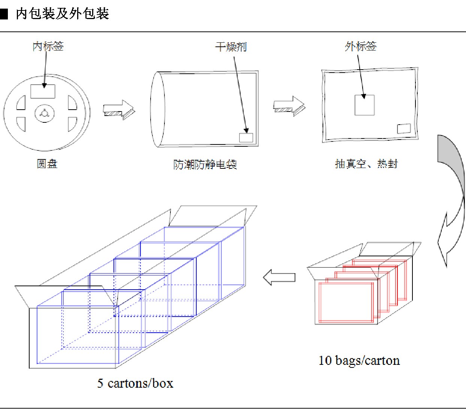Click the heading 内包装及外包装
(x=62, y=13)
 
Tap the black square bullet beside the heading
(x=4, y=14)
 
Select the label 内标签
(x=48, y=46)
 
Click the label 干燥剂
(x=231, y=47)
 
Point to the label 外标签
(x=361, y=46)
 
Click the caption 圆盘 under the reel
(x=47, y=164)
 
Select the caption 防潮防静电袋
(x=205, y=164)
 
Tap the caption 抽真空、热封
(x=366, y=164)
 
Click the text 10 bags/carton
(x=359, y=360)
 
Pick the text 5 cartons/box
(x=135, y=383)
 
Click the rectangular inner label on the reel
(x=43, y=91)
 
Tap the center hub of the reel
(x=45, y=113)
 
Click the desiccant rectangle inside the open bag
(x=246, y=137)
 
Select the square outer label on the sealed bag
(x=364, y=105)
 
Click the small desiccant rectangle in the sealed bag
(x=404, y=129)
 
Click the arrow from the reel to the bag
(x=119, y=110)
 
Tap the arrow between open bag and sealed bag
(x=289, y=106)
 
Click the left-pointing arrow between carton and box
(x=279, y=277)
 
